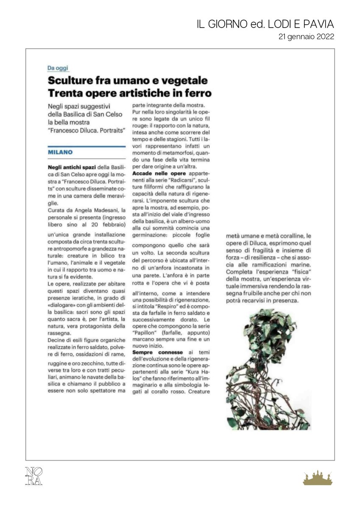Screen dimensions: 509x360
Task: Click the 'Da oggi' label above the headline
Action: click(x=58, y=68)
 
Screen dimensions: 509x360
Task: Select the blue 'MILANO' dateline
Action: click(x=60, y=152)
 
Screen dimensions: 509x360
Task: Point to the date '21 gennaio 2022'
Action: click(x=306, y=37)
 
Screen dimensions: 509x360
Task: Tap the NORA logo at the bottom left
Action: click(x=34, y=475)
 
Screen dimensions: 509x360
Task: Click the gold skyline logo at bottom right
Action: click(x=318, y=478)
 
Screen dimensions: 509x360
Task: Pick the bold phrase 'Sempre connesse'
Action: click(x=158, y=352)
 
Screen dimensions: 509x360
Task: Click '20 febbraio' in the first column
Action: click(x=109, y=224)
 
